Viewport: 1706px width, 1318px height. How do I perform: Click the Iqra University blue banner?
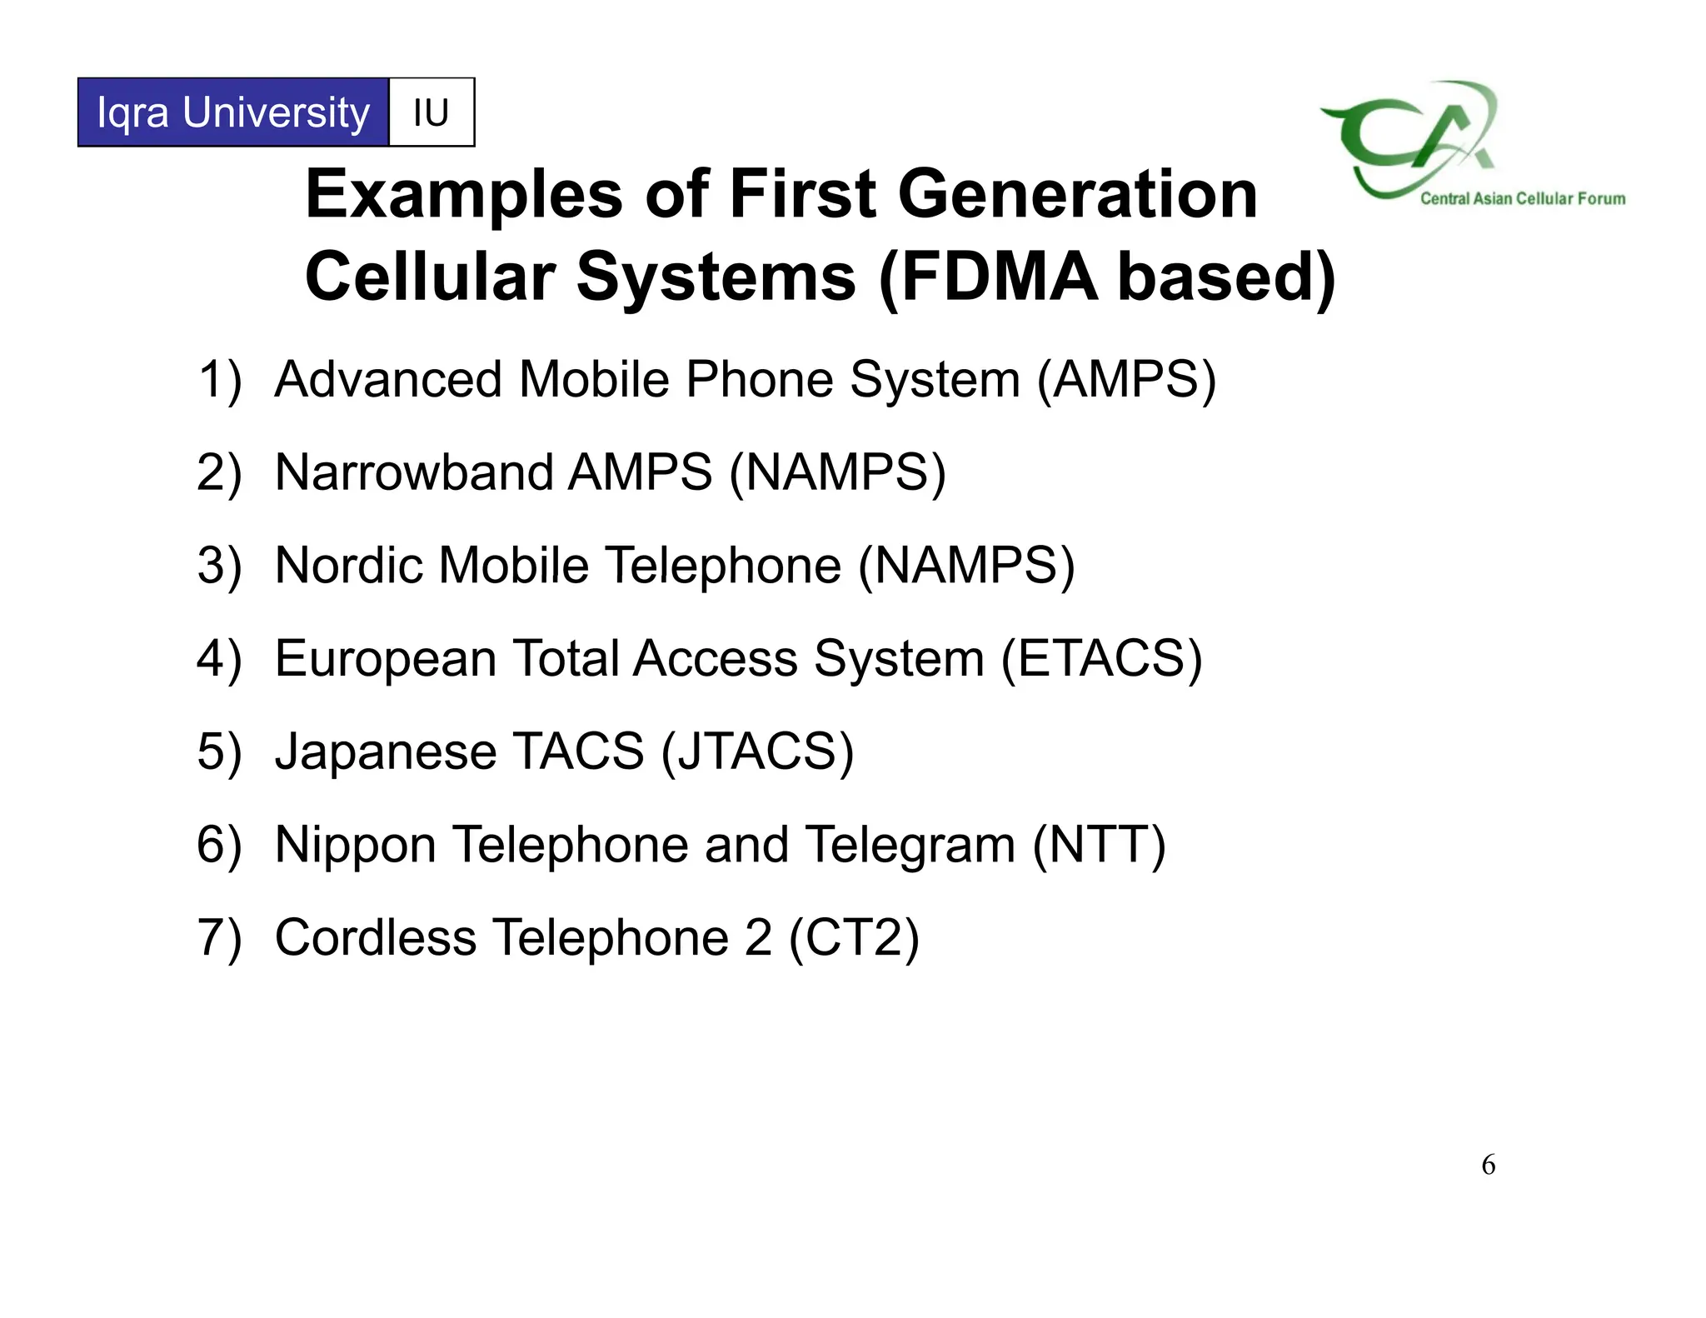pyautogui.click(x=233, y=112)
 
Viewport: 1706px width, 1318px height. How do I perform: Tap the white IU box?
pyautogui.click(x=431, y=112)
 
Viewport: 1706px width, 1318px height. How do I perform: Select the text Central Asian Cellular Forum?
pyautogui.click(x=1523, y=198)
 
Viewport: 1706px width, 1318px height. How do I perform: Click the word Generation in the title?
pyautogui.click(x=1077, y=194)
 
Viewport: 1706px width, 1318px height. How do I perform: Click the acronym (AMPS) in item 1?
pyautogui.click(x=1126, y=380)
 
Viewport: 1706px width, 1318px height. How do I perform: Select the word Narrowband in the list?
pyautogui.click(x=414, y=472)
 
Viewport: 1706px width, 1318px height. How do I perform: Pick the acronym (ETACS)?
pyautogui.click(x=1101, y=659)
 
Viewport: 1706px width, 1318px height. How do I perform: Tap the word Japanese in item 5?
pyautogui.click(x=386, y=752)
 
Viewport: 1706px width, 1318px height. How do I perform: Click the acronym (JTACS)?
pyautogui.click(x=757, y=752)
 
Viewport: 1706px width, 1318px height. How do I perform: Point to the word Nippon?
pyautogui.click(x=356, y=846)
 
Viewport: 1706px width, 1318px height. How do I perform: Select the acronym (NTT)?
pyautogui.click(x=1099, y=846)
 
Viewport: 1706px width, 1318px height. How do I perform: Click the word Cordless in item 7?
pyautogui.click(x=376, y=938)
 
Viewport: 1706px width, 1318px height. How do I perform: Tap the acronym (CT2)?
pyautogui.click(x=854, y=938)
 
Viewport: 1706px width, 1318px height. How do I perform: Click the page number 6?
pyautogui.click(x=1489, y=1165)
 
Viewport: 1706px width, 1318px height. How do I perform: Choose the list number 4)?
pyautogui.click(x=219, y=659)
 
